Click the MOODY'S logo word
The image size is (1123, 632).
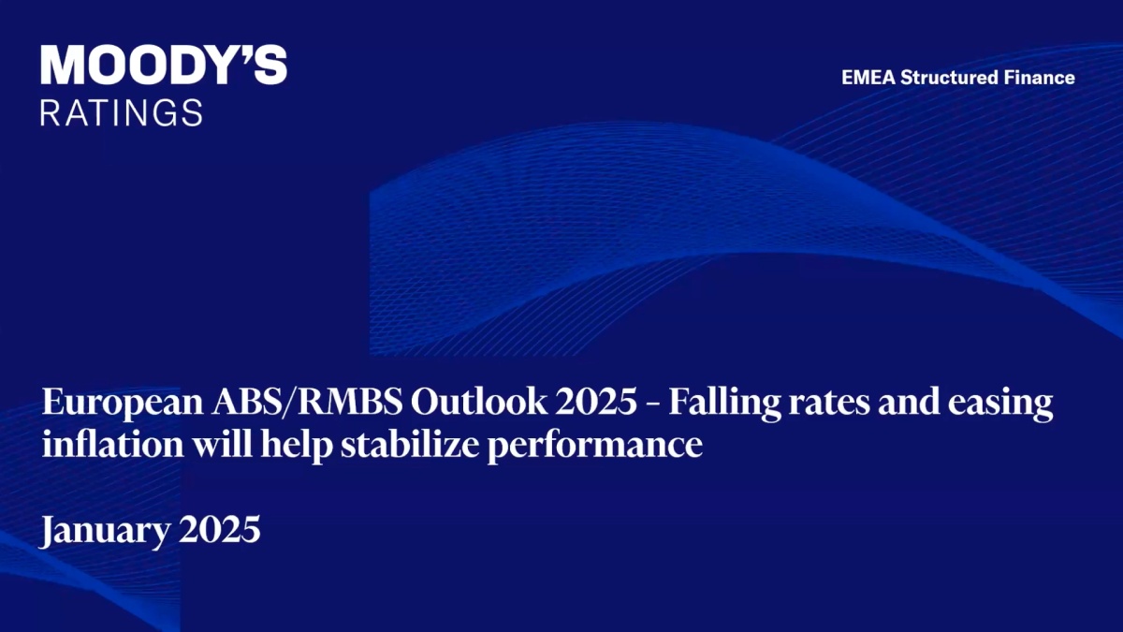tap(164, 66)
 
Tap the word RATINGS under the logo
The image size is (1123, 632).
tap(122, 112)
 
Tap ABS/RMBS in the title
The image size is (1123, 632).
tap(306, 403)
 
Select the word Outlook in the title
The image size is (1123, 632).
tap(479, 402)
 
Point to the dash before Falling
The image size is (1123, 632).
tap(653, 405)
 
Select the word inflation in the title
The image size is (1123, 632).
tap(113, 444)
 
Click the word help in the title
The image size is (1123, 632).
tap(297, 445)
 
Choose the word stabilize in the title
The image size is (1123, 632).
tap(410, 444)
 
